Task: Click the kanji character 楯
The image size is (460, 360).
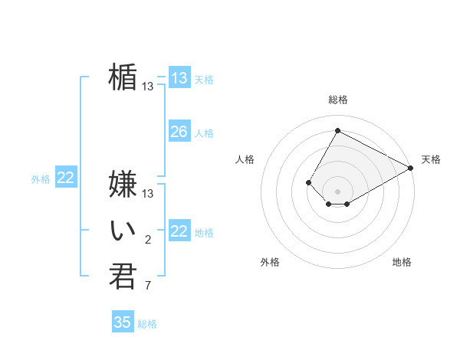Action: tap(123, 77)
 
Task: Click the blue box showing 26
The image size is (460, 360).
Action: tap(179, 132)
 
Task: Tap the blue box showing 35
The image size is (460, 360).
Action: tap(123, 322)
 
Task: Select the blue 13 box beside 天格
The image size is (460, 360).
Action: tap(179, 78)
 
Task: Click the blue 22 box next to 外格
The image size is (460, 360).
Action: tap(65, 178)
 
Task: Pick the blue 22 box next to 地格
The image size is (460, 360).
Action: tap(179, 231)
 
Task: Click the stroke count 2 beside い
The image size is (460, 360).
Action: tap(148, 241)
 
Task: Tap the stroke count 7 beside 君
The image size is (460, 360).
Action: tap(148, 286)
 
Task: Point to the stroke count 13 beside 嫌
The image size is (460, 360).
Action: tap(148, 194)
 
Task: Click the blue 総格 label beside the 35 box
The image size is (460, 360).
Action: tap(147, 324)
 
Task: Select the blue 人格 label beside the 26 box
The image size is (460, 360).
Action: tap(204, 133)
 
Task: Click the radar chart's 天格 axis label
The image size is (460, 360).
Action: tap(431, 159)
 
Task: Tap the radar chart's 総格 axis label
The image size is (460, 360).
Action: tap(337, 100)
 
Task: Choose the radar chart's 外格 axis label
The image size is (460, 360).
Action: tap(270, 262)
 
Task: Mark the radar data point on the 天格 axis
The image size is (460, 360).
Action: tap(411, 168)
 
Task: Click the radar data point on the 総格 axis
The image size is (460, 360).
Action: tap(337, 130)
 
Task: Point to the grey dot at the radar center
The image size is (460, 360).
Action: tap(337, 191)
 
